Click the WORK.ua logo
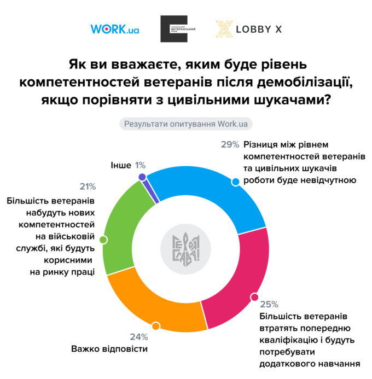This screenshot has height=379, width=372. click(x=115, y=29)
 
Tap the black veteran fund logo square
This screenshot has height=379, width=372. click(x=174, y=29)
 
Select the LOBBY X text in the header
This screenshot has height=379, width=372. click(x=259, y=29)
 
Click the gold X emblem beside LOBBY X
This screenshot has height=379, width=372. click(x=224, y=29)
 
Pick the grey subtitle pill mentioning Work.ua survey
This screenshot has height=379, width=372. click(x=186, y=124)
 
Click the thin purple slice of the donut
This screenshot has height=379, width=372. click(x=152, y=191)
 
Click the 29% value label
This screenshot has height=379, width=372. click(x=230, y=144)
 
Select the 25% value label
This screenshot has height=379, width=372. click(x=269, y=304)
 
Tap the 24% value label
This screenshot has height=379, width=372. click(x=139, y=337)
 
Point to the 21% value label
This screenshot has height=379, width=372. click(x=88, y=186)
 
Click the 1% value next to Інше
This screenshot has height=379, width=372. click(x=140, y=165)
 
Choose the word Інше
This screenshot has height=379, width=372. click(x=121, y=165)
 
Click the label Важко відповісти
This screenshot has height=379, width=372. click(x=109, y=349)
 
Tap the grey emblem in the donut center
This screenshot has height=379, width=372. click(x=185, y=249)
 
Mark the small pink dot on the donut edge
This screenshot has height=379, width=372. click(x=254, y=297)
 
